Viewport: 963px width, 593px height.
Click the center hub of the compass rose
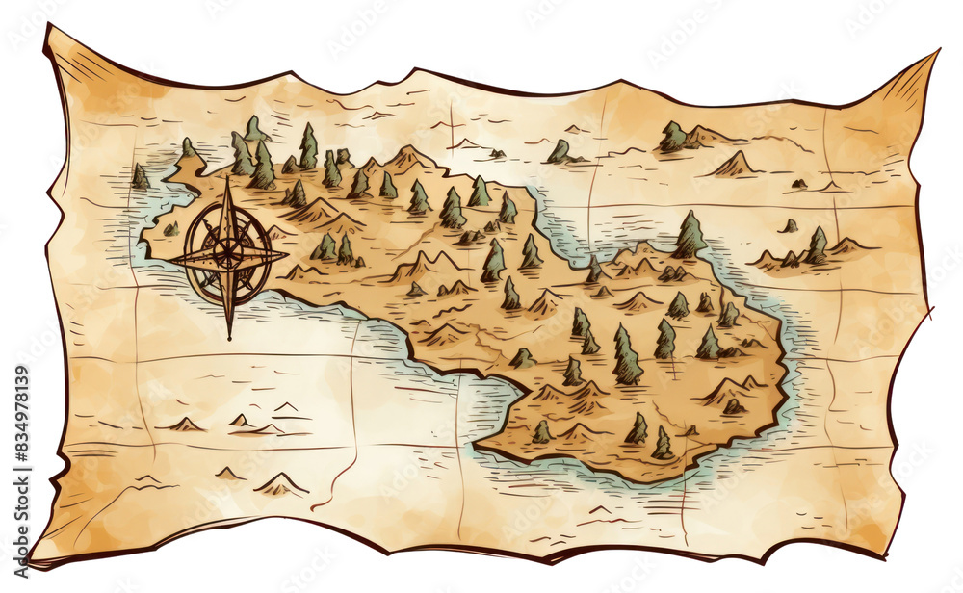point(228,254)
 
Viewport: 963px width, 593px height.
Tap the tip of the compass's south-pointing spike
point(229,338)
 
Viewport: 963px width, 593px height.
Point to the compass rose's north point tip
point(228,178)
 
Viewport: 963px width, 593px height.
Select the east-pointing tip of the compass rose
point(287,255)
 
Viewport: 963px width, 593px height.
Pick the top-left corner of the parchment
point(46,27)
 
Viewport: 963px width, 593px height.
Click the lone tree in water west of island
point(141,176)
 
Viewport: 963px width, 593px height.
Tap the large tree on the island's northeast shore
point(690,235)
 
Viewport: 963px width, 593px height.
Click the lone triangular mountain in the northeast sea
point(734,165)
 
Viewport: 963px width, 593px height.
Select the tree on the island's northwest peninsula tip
point(187,149)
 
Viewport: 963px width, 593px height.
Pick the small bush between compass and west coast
point(171,229)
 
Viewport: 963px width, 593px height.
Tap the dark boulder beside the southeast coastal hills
point(732,406)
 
